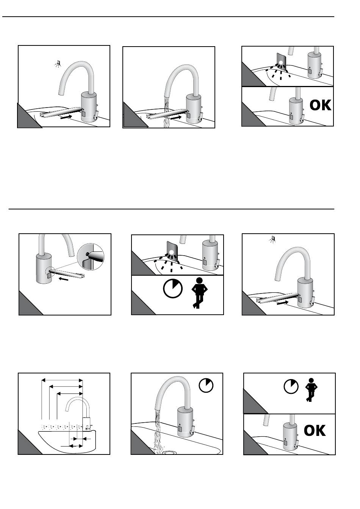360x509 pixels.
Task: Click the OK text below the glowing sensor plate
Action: tap(320, 105)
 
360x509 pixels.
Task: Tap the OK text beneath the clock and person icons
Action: tap(315, 430)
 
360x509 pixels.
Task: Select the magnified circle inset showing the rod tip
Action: tap(91, 256)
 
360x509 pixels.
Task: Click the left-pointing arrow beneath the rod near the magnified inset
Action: tap(63, 278)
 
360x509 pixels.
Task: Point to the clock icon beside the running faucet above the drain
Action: tap(206, 386)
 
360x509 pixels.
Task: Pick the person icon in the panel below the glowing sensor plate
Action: tap(199, 293)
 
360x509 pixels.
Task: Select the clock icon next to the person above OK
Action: tap(291, 386)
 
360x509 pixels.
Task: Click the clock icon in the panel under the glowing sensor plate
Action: tap(173, 289)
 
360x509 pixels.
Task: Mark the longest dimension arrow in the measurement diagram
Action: tap(62, 380)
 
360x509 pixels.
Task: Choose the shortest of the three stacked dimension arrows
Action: tap(70, 393)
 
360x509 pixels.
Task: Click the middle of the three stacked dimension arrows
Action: tap(66, 387)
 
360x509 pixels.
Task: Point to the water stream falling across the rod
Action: tap(166, 112)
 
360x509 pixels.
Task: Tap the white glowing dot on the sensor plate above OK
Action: tap(281, 62)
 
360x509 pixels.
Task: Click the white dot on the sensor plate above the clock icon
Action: tap(171, 252)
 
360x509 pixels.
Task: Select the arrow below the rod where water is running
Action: tap(176, 117)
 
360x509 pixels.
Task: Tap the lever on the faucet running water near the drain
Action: tap(192, 429)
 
